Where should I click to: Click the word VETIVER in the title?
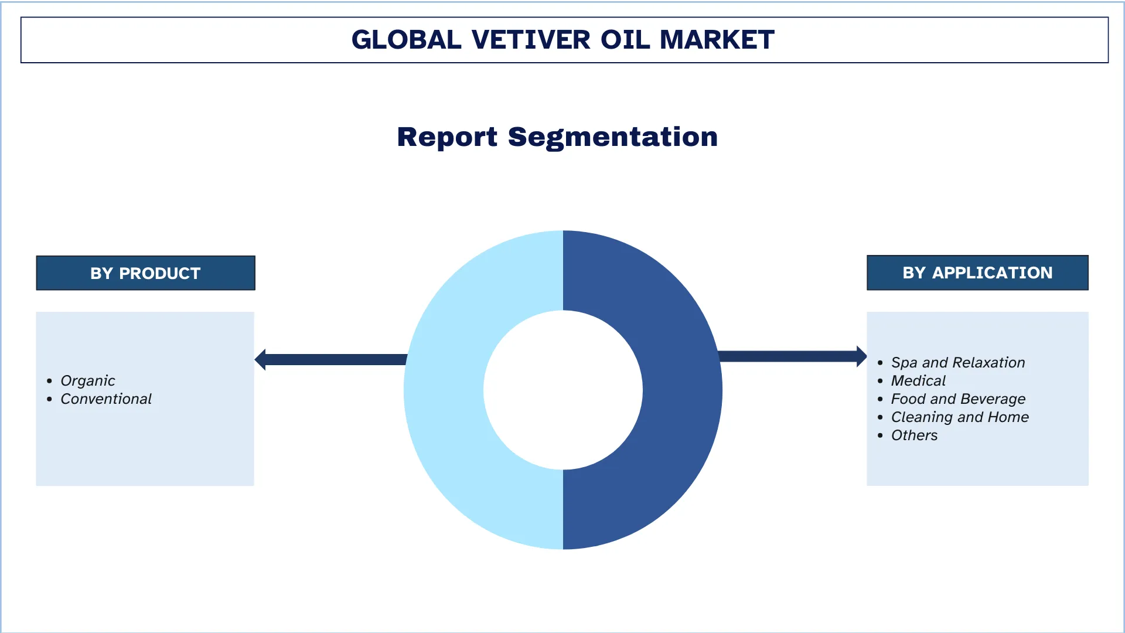[531, 40]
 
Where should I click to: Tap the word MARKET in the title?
[717, 40]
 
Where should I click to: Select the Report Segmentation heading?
[557, 137]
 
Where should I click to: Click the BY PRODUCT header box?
[145, 273]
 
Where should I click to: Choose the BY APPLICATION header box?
[977, 273]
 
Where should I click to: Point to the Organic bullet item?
[88, 381]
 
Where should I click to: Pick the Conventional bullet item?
[106, 399]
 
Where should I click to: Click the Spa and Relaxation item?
[958, 363]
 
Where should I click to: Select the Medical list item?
[918, 381]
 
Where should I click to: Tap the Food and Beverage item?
[958, 399]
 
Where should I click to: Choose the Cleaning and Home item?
[960, 417]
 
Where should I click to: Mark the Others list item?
[914, 435]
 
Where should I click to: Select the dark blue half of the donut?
[683, 390]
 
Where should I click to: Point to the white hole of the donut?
[563, 390]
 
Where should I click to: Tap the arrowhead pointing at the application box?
[861, 356]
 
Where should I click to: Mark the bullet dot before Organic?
[50, 382]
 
